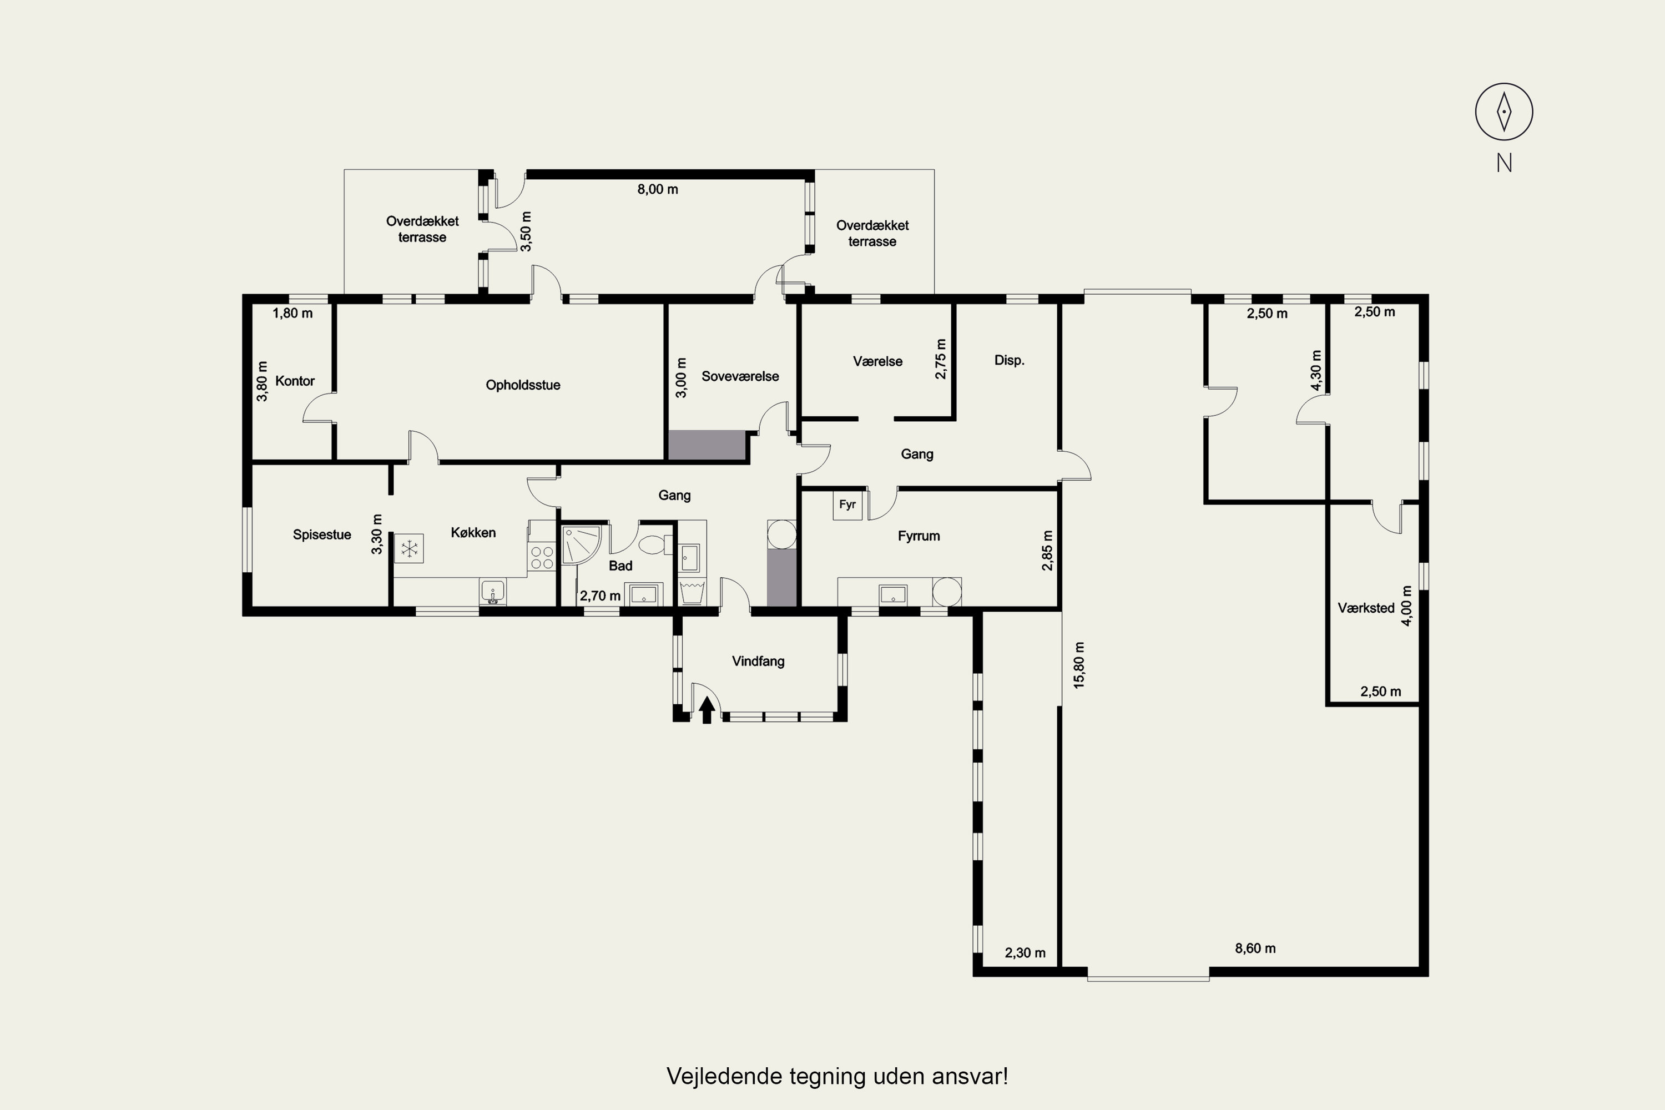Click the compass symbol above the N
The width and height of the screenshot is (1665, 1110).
1503,112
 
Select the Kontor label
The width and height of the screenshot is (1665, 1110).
295,381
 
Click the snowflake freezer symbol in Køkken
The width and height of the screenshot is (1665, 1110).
409,548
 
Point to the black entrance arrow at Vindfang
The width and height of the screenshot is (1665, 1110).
706,710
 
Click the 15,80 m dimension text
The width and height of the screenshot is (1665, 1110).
1079,665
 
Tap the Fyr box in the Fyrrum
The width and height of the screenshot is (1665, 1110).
847,504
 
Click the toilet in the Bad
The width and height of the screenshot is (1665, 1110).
651,544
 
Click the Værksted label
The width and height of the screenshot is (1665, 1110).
1365,607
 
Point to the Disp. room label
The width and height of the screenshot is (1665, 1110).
1009,360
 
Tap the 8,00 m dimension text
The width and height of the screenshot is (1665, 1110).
658,189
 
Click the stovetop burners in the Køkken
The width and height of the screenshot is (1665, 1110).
542,557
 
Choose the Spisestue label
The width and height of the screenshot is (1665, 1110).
321,534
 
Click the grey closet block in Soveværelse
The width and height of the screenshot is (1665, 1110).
707,445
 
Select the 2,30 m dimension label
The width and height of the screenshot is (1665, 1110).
1025,953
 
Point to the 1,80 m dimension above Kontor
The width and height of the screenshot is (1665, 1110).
292,313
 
